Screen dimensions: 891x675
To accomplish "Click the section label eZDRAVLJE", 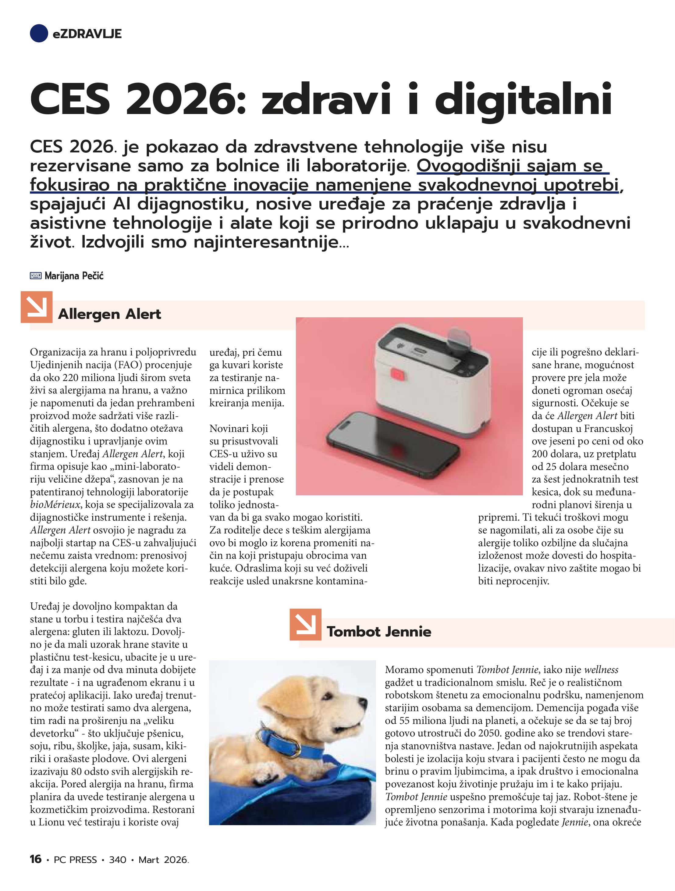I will point(87,34).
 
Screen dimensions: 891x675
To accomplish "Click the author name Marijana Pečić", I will point(74,276).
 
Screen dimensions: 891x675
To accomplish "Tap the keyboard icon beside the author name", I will point(35,276).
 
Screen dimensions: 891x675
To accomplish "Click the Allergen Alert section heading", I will point(109,314).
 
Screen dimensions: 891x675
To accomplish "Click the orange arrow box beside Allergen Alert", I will point(37,307).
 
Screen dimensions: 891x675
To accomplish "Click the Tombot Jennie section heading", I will point(378,631).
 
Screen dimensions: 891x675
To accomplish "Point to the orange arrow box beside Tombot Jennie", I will point(305,624).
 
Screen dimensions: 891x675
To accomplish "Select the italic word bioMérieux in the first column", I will point(55,505).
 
